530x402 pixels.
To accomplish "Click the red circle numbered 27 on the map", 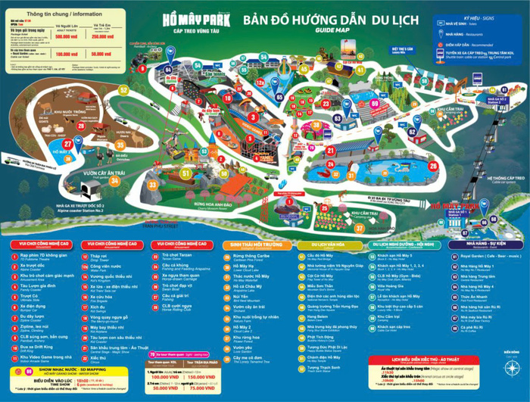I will click(x=69, y=141).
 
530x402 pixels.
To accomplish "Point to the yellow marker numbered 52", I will click(x=124, y=89).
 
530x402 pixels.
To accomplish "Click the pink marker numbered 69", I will click(x=376, y=102).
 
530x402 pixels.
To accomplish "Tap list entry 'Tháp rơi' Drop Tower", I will click(x=102, y=257).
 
